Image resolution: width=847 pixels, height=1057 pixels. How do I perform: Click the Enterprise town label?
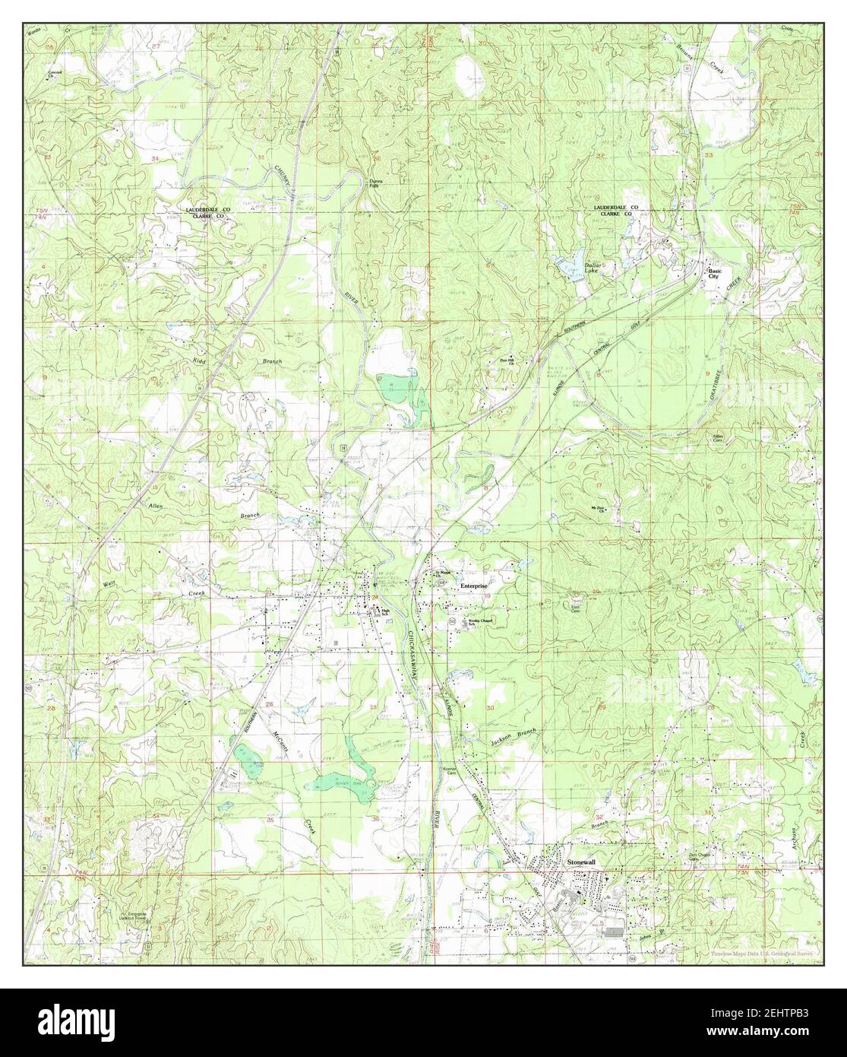(x=472, y=587)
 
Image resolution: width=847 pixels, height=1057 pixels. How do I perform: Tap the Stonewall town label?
(x=583, y=862)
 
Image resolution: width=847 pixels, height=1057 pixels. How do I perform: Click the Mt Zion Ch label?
(x=599, y=509)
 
